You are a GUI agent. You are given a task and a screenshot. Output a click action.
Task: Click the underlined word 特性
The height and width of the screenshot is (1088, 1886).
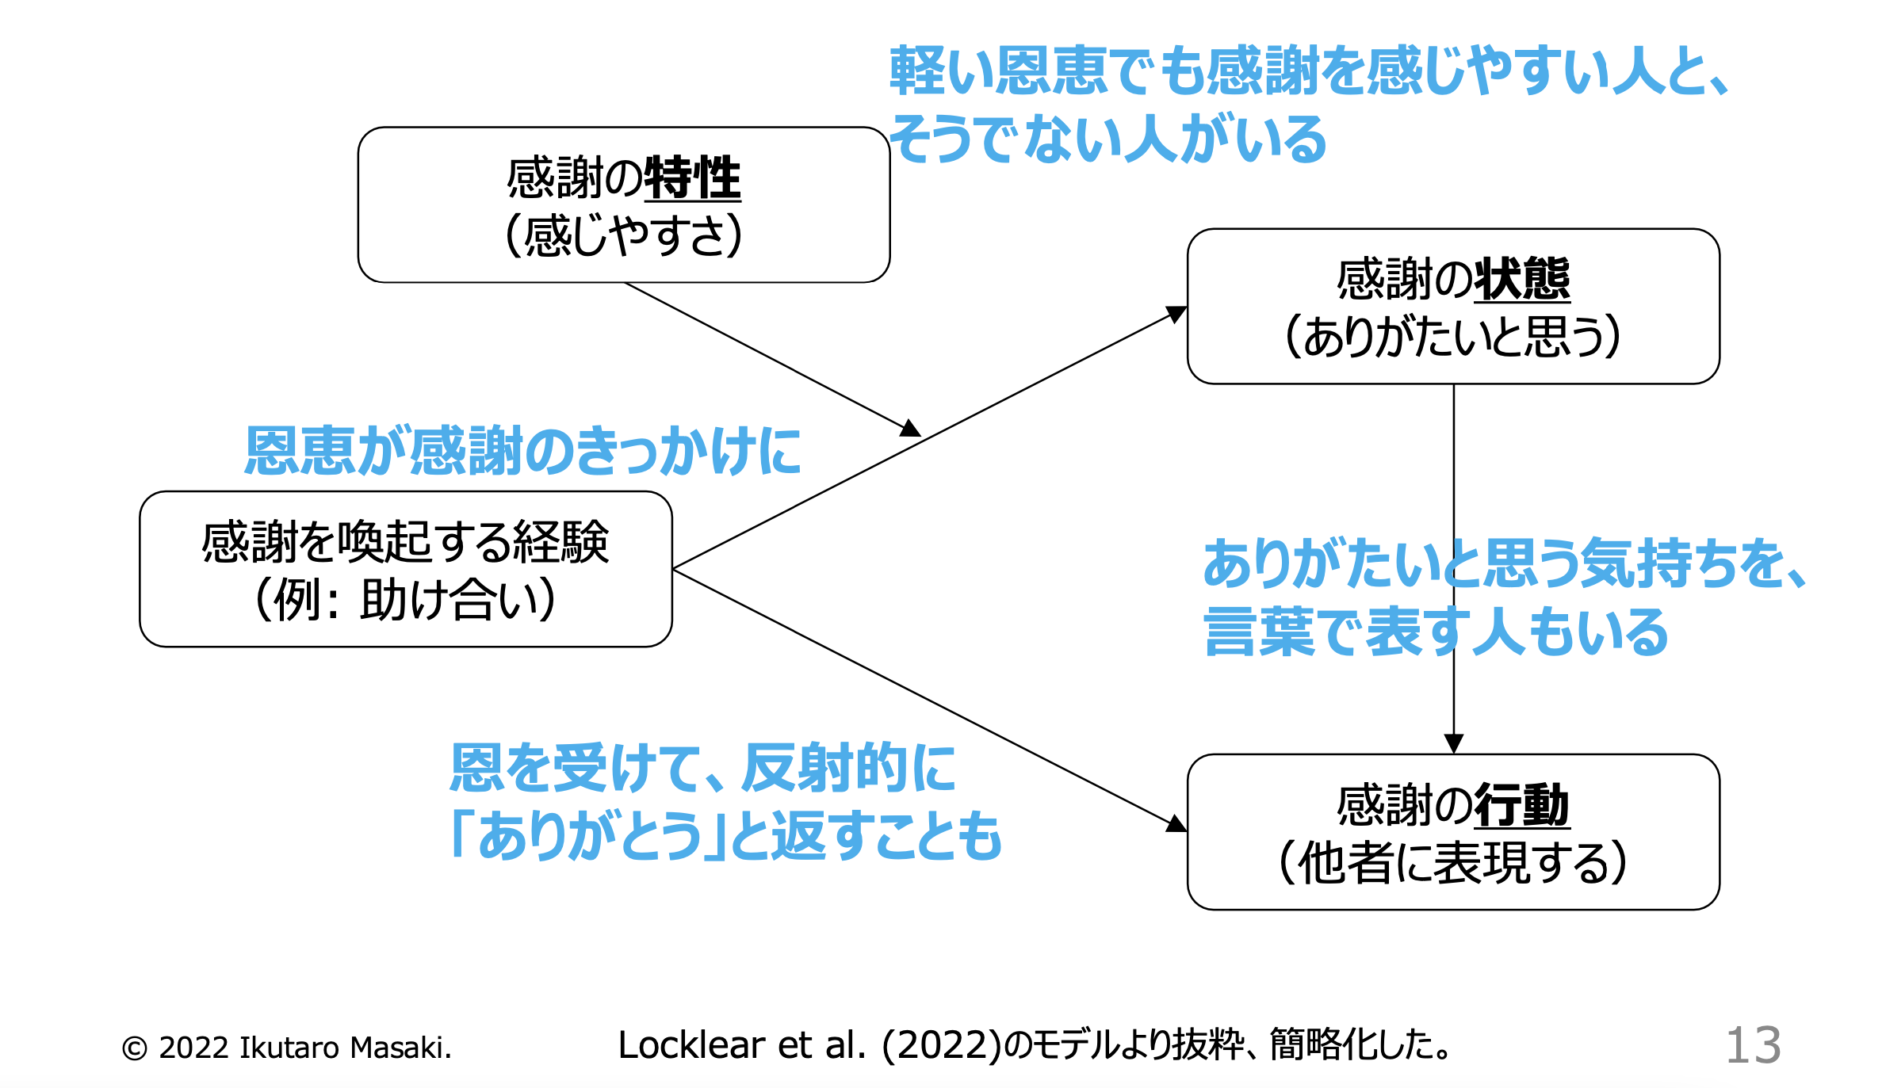pos(692,178)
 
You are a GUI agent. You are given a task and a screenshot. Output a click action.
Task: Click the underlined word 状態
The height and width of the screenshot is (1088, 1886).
pos(1521,280)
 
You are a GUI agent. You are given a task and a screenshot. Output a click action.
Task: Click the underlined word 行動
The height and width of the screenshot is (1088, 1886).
pos(1521,805)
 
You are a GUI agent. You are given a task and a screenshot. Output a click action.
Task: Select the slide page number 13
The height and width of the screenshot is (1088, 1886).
pos(1753,1045)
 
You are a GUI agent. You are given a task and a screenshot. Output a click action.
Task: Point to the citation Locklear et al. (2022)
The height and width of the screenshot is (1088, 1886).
pos(809,1045)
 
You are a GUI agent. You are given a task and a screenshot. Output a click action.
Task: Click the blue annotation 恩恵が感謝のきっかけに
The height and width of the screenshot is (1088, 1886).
pos(522,451)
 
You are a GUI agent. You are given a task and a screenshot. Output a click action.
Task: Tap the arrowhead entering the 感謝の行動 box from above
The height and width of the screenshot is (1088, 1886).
pos(1453,743)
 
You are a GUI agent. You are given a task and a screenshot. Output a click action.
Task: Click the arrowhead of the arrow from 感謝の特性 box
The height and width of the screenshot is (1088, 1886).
pos(912,429)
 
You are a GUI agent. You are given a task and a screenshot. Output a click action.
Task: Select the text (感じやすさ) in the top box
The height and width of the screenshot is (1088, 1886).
pos(624,235)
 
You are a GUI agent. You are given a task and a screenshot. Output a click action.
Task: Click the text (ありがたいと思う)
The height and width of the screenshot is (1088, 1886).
pos(1452,337)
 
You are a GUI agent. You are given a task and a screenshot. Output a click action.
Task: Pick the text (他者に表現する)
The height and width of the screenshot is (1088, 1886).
pos(1452,862)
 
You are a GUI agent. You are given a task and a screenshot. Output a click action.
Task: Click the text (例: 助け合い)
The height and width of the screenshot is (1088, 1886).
pos(405,600)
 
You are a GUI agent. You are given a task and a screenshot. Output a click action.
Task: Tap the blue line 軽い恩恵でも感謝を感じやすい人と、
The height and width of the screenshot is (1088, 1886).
pos(1308,71)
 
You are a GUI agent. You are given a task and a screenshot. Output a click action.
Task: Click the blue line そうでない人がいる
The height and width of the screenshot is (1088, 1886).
pos(1108,139)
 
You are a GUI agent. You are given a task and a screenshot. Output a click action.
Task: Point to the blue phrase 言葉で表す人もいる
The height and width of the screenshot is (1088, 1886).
pos(1435,632)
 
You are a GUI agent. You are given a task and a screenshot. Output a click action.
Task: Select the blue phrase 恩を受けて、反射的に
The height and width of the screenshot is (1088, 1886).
pos(702,769)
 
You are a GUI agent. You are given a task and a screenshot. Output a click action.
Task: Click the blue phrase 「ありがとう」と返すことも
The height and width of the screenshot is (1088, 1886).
pos(725,837)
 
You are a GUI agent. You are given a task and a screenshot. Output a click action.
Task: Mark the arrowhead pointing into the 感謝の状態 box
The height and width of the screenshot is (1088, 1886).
pos(1177,314)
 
